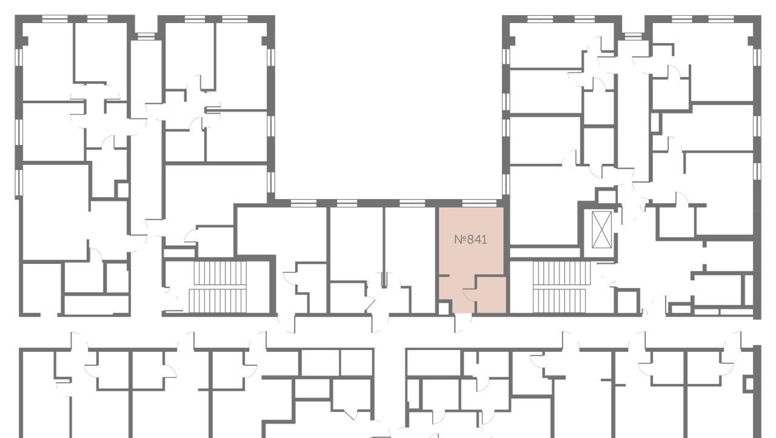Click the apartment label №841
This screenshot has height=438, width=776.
tap(470, 240)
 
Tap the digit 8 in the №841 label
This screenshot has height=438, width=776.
tap(471, 240)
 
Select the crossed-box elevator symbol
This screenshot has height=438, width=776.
tap(602, 230)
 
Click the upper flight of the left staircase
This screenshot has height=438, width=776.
tap(219, 274)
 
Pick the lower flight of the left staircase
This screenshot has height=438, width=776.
tap(218, 301)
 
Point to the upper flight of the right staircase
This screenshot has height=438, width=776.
tap(561, 273)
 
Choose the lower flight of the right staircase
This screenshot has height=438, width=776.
tap(560, 301)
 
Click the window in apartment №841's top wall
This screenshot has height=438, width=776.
tap(480, 203)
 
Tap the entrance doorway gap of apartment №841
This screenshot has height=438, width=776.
tap(463, 315)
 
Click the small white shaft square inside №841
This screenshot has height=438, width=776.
tap(444, 309)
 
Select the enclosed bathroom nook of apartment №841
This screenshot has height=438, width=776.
tap(491, 295)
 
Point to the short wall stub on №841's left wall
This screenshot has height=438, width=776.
tap(444, 276)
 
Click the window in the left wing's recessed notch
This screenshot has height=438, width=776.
tap(145, 36)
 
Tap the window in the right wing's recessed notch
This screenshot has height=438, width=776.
tap(633, 36)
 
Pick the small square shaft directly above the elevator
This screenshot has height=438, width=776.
tap(606, 196)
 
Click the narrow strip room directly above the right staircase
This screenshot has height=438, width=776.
tap(545, 252)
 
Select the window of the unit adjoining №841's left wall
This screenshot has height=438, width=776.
tap(412, 203)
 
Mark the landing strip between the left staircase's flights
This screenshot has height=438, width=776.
tap(218, 288)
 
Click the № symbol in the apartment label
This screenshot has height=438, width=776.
tap(460, 240)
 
